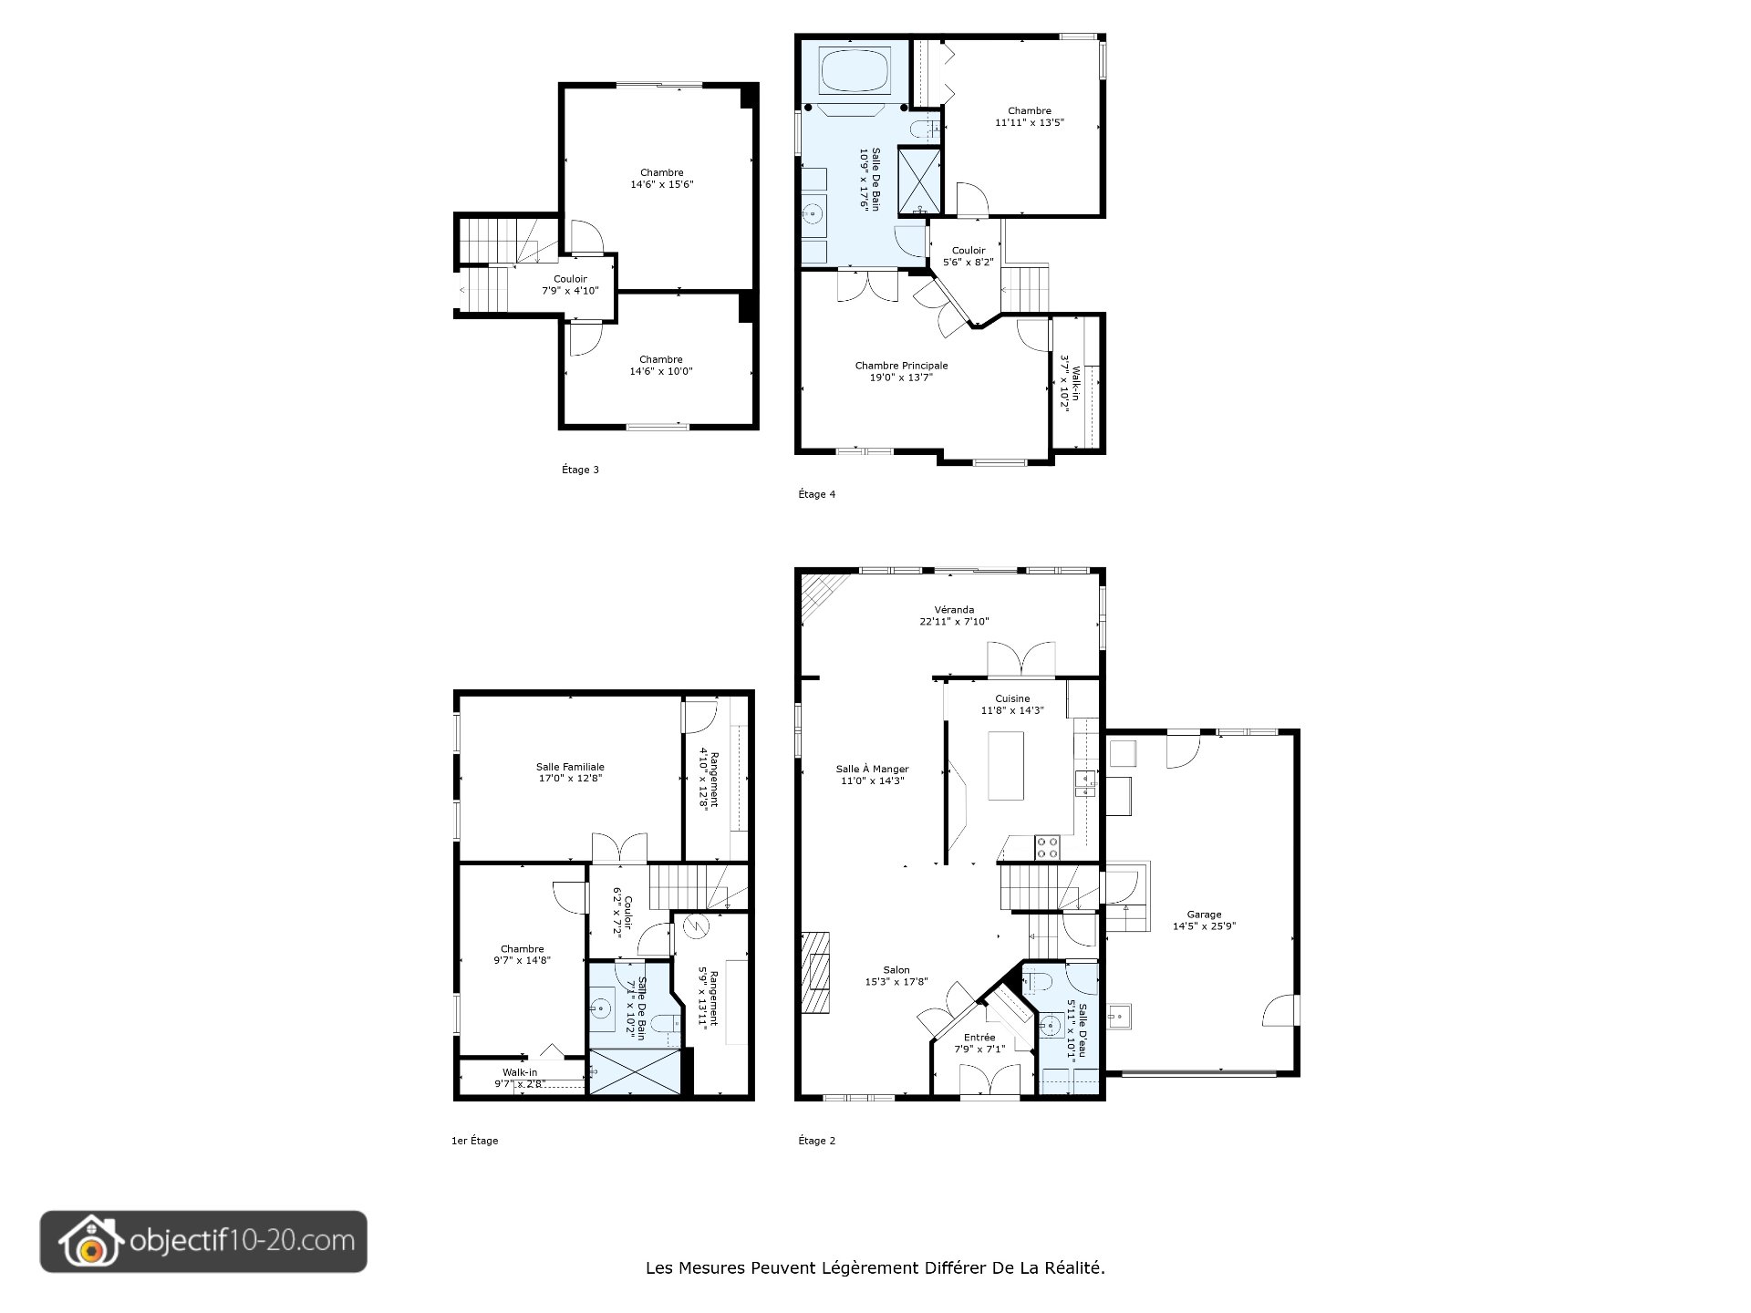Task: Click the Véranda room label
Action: pyautogui.click(x=954, y=610)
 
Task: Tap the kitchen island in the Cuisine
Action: pyautogui.click(x=1006, y=765)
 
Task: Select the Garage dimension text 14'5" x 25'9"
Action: pyautogui.click(x=1204, y=926)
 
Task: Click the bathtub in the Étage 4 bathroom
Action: pyautogui.click(x=855, y=70)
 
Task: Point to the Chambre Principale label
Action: pyautogui.click(x=901, y=366)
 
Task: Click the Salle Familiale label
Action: pyautogui.click(x=570, y=767)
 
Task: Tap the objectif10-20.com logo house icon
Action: pyautogui.click(x=89, y=1241)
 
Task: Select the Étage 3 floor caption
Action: pyautogui.click(x=580, y=470)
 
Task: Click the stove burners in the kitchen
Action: pyautogui.click(x=1047, y=848)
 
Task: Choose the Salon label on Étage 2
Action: pyautogui.click(x=896, y=970)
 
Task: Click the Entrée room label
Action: pyautogui.click(x=979, y=1038)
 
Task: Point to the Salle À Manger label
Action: pyautogui.click(x=872, y=769)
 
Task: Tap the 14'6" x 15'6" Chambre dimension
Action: pyautogui.click(x=662, y=184)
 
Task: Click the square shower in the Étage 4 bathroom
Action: pyautogui.click(x=918, y=179)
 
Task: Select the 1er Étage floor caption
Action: pyautogui.click(x=474, y=1141)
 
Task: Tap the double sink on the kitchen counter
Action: pyautogui.click(x=1085, y=783)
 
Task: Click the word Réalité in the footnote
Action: pyautogui.click(x=1077, y=1267)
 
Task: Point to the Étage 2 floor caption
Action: pyautogui.click(x=816, y=1141)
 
